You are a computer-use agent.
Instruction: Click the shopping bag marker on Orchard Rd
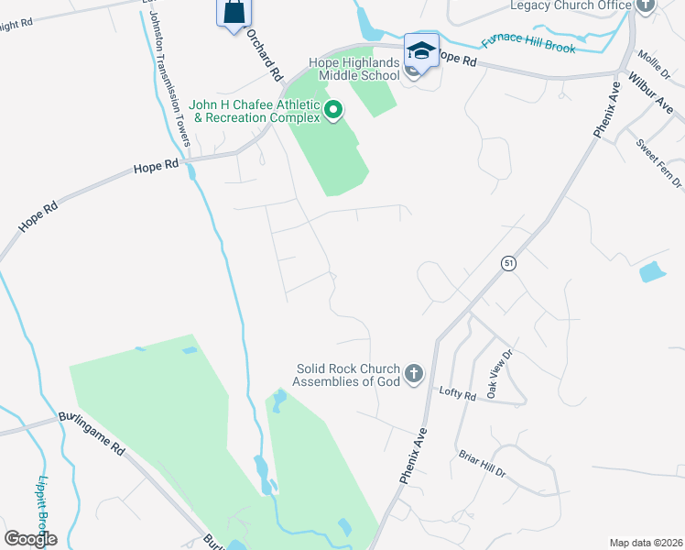(x=233, y=11)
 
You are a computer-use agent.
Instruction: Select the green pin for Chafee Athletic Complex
(x=333, y=112)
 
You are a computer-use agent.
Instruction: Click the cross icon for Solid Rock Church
(x=414, y=373)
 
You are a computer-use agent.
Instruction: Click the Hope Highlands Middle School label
(x=353, y=68)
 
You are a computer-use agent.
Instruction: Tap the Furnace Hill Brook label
(x=529, y=42)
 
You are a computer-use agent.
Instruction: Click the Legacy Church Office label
(x=571, y=5)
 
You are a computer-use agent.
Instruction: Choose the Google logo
(x=30, y=538)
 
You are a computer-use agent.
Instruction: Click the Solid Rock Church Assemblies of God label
(x=348, y=375)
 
